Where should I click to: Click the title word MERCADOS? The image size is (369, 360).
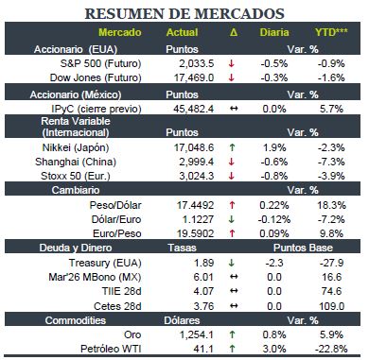click(239, 13)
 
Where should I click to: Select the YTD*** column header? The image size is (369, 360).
click(331, 32)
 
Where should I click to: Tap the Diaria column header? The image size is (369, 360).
click(274, 32)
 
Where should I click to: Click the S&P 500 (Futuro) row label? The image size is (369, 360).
click(100, 63)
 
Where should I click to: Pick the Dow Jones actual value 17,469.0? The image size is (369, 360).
click(194, 77)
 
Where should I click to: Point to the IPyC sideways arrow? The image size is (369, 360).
click(234, 109)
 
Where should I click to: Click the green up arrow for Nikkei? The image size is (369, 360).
click(232, 147)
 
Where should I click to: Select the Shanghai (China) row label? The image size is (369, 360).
click(76, 162)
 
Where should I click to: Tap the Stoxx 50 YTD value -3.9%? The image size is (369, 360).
click(331, 176)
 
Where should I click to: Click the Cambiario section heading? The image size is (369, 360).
click(76, 190)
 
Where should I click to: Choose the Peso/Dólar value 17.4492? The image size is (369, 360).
click(195, 205)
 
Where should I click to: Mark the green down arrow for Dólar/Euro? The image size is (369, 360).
click(232, 219)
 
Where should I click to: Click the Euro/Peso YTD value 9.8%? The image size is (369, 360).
click(330, 233)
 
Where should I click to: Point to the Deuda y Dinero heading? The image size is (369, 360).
click(76, 248)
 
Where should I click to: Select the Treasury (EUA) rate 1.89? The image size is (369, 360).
click(203, 263)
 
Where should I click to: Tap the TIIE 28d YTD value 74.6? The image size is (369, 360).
click(331, 291)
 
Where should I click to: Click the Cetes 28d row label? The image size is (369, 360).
click(117, 306)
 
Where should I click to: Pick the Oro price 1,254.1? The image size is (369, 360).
click(197, 334)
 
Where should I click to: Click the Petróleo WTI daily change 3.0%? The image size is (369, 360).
click(274, 349)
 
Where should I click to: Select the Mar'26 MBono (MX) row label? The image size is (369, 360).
click(95, 277)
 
